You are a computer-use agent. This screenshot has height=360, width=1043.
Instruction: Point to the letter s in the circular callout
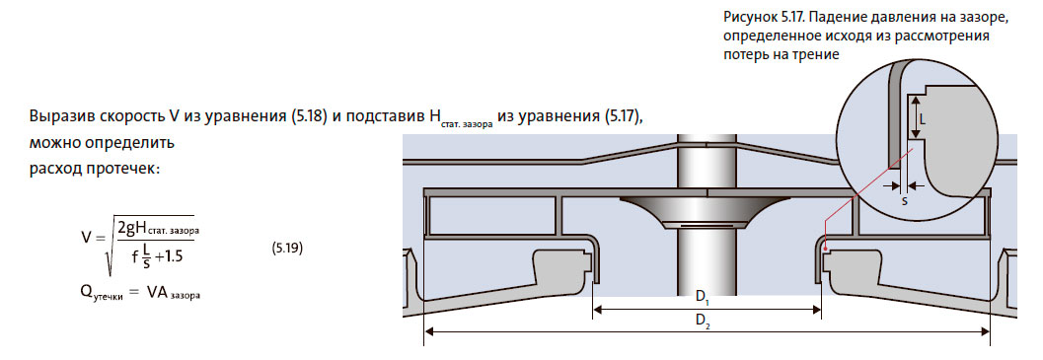coord(905,200)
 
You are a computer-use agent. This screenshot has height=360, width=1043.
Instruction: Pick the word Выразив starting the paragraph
coord(61,115)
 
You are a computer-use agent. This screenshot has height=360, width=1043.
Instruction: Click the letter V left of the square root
coord(87,238)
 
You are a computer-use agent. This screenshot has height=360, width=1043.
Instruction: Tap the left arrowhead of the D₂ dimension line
coord(428,334)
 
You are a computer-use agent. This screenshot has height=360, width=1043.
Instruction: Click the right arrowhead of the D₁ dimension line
coord(818,309)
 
